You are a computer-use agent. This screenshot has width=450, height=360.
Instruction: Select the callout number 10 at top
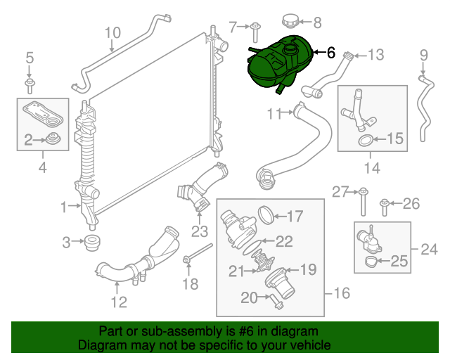112,32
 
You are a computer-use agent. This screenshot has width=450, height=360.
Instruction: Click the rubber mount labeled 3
90,243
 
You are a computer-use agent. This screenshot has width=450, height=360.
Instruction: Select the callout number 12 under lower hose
118,302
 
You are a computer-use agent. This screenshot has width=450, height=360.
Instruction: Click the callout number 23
200,230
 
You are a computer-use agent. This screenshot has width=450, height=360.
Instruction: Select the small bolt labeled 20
274,301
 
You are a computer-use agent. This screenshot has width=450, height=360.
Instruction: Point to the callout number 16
341,292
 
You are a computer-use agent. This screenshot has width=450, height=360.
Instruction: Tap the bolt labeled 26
385,205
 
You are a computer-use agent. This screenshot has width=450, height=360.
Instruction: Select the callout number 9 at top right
423,54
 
